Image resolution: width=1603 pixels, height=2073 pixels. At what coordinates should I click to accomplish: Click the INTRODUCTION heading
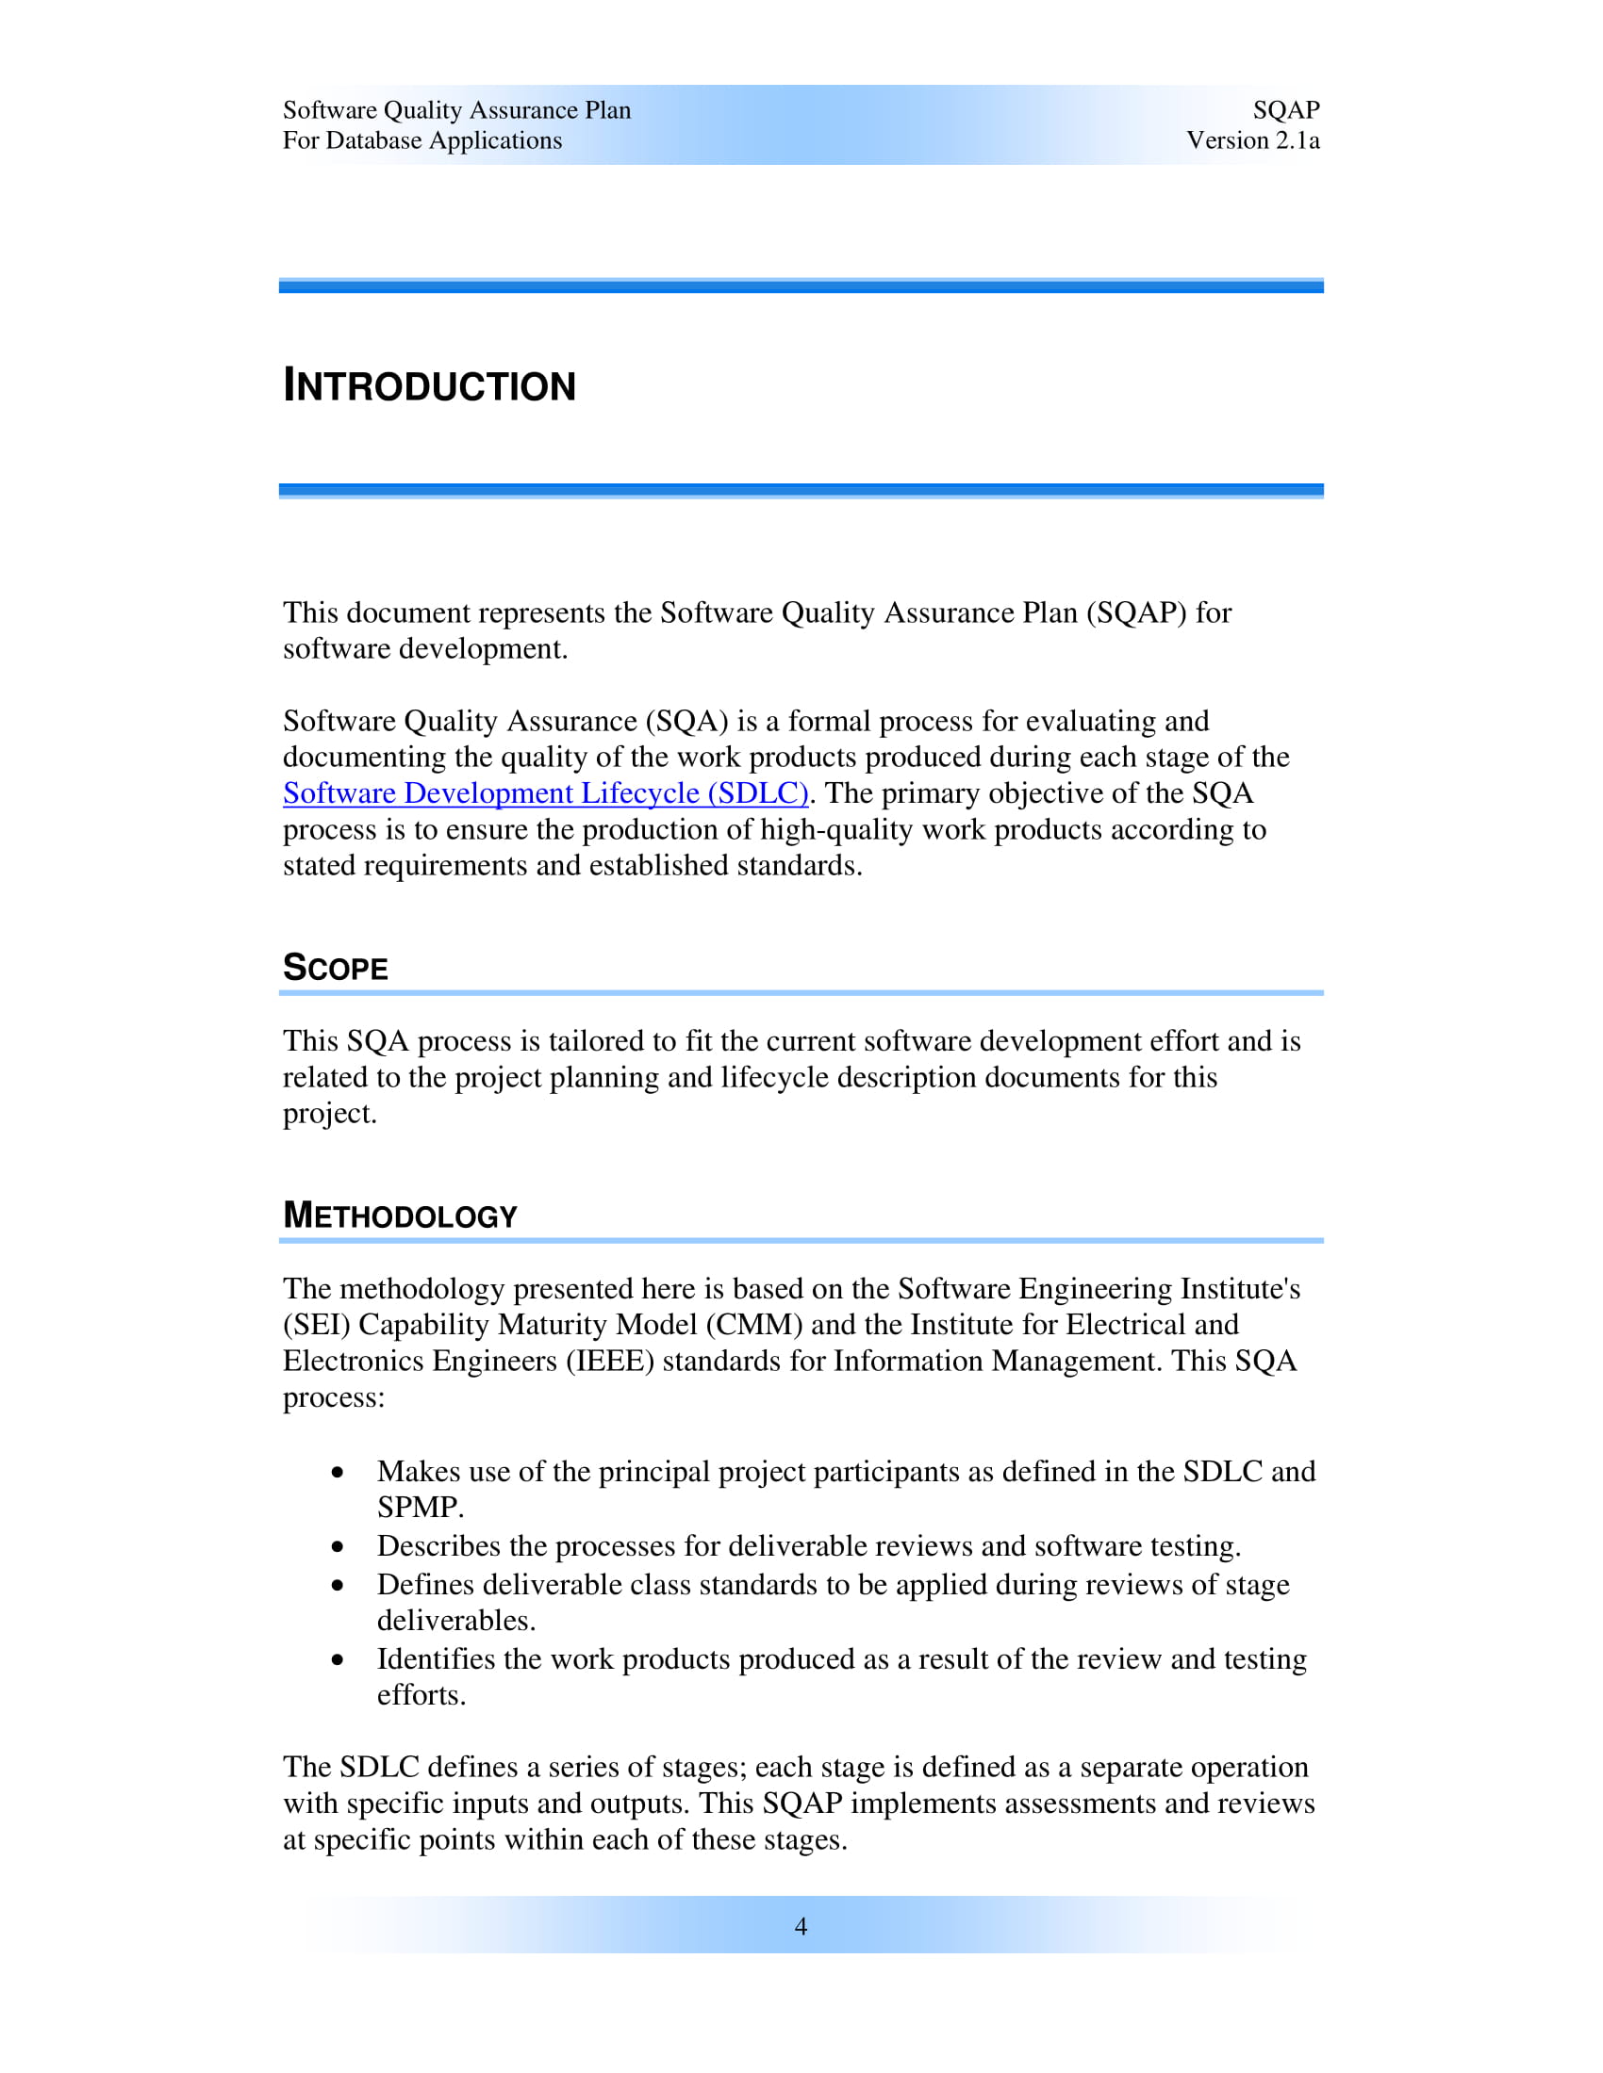[x=429, y=386]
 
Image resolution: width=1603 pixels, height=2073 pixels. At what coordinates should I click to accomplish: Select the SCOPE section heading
[x=336, y=968]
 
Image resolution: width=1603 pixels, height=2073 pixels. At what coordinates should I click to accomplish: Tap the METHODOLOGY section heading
[x=400, y=1216]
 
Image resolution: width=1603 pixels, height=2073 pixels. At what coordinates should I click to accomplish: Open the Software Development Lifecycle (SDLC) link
[x=545, y=793]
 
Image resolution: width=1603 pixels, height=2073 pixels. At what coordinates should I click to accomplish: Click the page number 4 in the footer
[x=801, y=1926]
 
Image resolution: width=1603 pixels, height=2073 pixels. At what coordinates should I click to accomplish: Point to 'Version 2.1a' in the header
[x=1251, y=140]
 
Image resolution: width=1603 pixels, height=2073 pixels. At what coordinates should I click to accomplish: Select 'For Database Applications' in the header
[x=421, y=140]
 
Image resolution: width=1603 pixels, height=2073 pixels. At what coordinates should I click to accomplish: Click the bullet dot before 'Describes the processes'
[x=339, y=1547]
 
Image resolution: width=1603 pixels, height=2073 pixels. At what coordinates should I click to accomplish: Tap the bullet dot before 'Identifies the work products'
[x=339, y=1660]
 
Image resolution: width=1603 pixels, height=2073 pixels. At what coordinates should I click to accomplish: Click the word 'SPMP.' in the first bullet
[x=420, y=1508]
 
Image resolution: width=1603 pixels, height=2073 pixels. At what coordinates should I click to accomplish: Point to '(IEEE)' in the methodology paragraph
[x=611, y=1362]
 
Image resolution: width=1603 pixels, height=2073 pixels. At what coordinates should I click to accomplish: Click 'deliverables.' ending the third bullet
[x=455, y=1621]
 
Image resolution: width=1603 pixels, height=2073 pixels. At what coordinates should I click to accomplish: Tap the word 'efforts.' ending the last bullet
[x=421, y=1695]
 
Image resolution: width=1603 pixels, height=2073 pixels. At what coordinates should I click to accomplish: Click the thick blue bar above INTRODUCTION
[x=801, y=286]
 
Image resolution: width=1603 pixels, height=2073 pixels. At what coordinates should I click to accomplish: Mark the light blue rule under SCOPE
[x=801, y=993]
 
